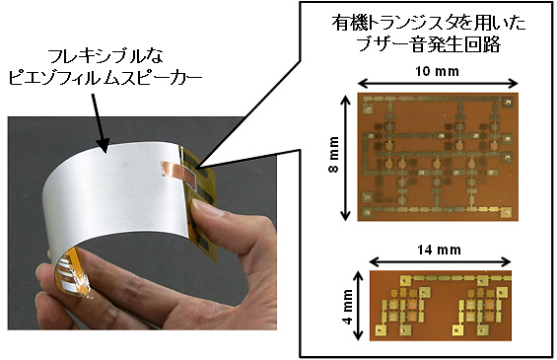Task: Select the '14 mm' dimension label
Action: (439, 248)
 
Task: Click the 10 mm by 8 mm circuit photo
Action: (436, 156)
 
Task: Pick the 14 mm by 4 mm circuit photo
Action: (441, 306)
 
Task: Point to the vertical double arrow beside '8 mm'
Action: (346, 156)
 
